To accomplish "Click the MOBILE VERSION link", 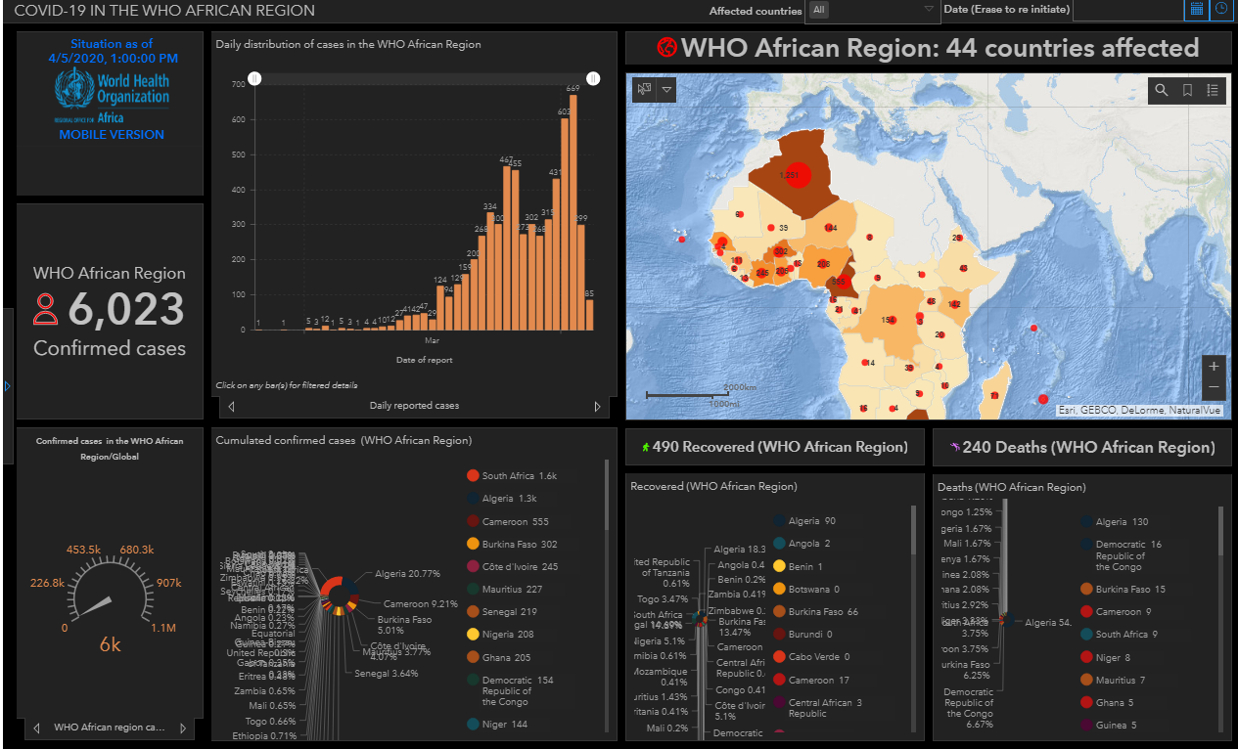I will point(112,135).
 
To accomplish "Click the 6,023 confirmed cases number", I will point(126,310).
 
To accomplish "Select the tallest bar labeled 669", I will point(573,211).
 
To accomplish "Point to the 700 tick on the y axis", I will point(239,85).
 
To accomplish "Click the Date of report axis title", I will point(424,360).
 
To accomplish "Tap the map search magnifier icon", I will point(1162,91).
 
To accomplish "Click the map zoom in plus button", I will point(1214,367).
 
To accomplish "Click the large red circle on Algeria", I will point(799,175).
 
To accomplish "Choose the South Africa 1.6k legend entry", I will point(520,476).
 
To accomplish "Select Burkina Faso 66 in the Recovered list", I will point(822,612).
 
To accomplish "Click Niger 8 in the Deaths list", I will point(1113,658).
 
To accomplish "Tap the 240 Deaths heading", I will point(1080,448).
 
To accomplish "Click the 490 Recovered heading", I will point(774,448).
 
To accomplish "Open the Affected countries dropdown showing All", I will point(872,10).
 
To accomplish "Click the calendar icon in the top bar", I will point(1196,10).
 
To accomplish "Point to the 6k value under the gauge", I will point(110,645).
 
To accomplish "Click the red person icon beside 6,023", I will point(46,309).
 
